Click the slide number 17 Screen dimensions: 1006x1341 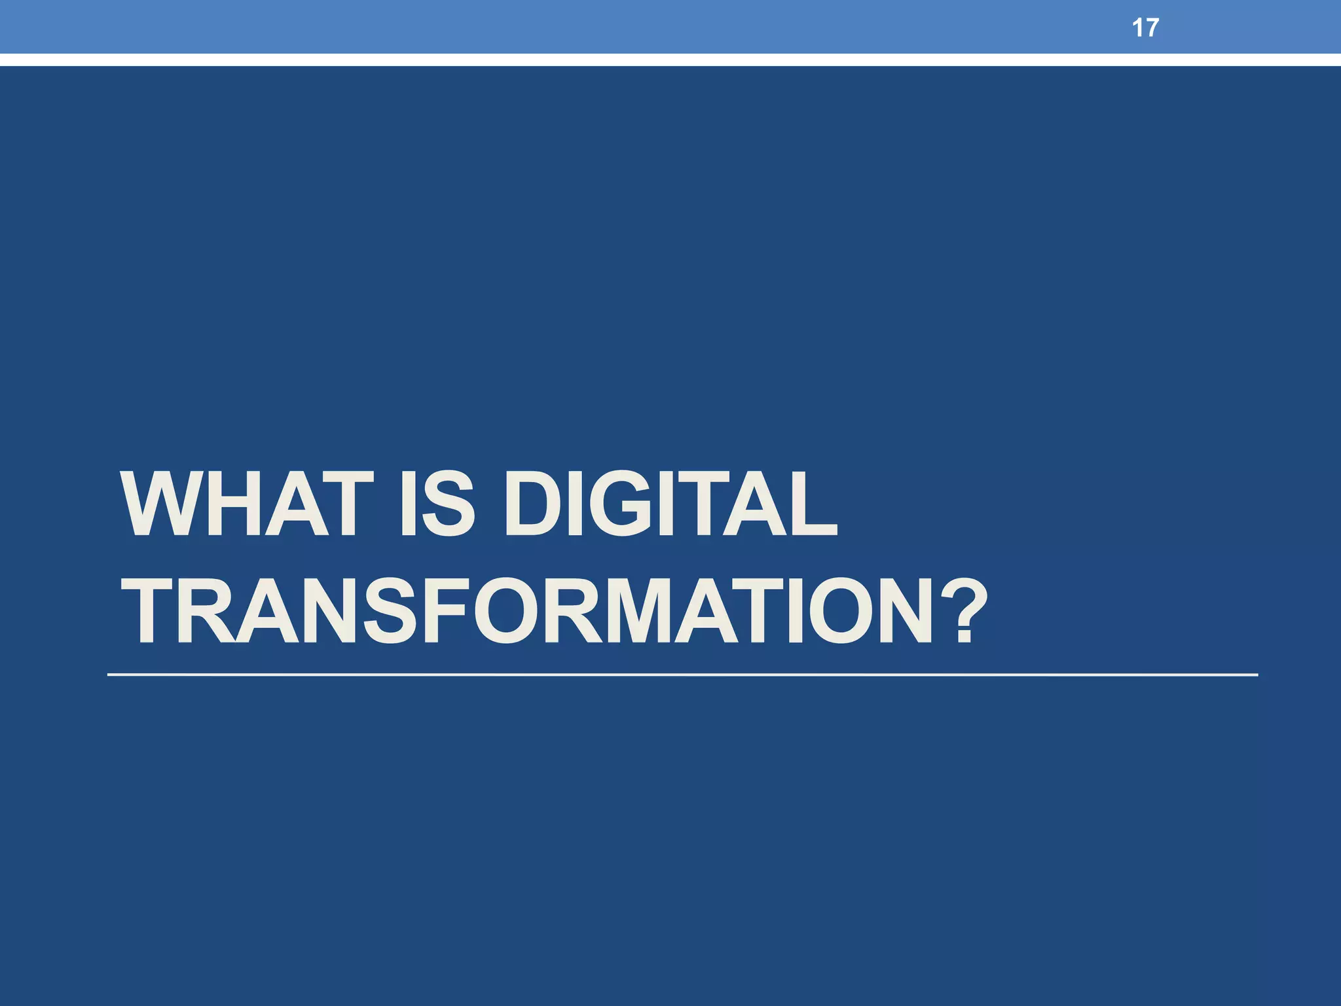1145,28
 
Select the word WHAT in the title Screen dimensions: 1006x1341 248,504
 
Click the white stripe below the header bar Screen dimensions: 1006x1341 670,60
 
